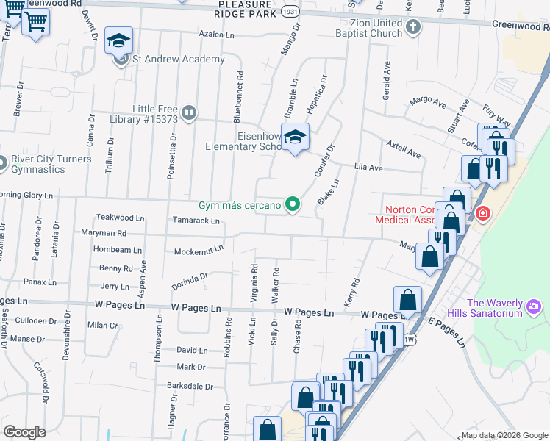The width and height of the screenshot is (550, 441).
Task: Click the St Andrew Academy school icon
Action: coord(118,41)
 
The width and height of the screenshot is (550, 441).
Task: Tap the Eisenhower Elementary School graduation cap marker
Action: coord(295,137)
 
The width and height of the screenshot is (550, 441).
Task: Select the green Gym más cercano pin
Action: coord(293,204)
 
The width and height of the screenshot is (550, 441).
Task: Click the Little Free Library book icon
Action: coord(189,112)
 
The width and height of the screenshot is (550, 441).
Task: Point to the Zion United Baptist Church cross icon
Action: coord(413,28)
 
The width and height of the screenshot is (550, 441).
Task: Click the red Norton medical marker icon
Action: coord(483,214)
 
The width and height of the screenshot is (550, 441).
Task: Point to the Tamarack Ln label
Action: coord(195,220)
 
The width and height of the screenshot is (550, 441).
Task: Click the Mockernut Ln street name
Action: coord(198,251)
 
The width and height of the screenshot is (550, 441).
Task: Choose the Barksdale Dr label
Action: coord(189,385)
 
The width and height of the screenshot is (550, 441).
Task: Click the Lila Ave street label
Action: coord(369,168)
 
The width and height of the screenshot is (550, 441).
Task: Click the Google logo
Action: coord(25,432)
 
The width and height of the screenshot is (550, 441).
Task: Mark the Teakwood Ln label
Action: coord(119,218)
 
